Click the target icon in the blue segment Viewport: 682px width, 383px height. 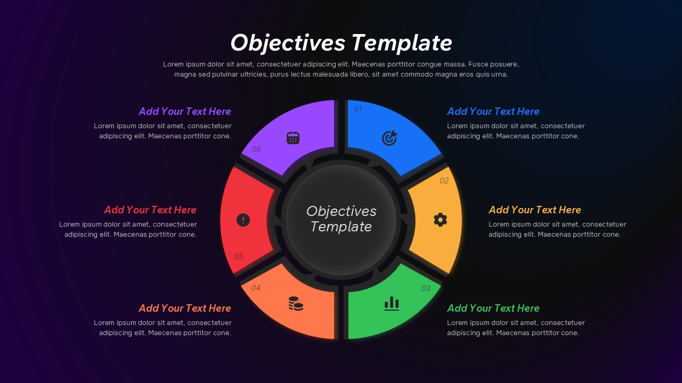click(x=389, y=138)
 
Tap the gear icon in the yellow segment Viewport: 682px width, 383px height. click(x=440, y=220)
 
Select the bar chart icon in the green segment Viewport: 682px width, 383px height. click(x=392, y=303)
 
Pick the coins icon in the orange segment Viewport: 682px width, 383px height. click(x=296, y=303)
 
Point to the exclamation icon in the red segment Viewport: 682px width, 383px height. click(x=243, y=220)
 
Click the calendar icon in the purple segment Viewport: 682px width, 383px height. click(x=293, y=138)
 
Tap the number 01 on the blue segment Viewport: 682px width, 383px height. click(x=358, y=109)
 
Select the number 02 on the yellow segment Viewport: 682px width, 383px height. click(x=444, y=181)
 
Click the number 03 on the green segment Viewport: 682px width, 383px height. click(x=426, y=288)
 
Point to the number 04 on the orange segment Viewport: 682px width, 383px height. click(x=256, y=288)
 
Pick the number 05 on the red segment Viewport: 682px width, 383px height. click(x=238, y=256)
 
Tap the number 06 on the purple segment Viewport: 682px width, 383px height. click(x=256, y=149)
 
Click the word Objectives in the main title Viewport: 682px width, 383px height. click(x=288, y=43)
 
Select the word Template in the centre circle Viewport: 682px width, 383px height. click(x=341, y=227)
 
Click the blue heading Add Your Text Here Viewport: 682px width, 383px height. click(x=493, y=112)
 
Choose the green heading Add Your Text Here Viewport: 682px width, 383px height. click(x=493, y=308)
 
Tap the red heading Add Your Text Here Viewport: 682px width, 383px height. click(x=150, y=210)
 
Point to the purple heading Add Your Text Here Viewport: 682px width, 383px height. click(x=185, y=112)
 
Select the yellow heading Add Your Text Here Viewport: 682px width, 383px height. click(x=535, y=210)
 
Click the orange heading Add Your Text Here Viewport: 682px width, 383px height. click(x=185, y=308)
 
